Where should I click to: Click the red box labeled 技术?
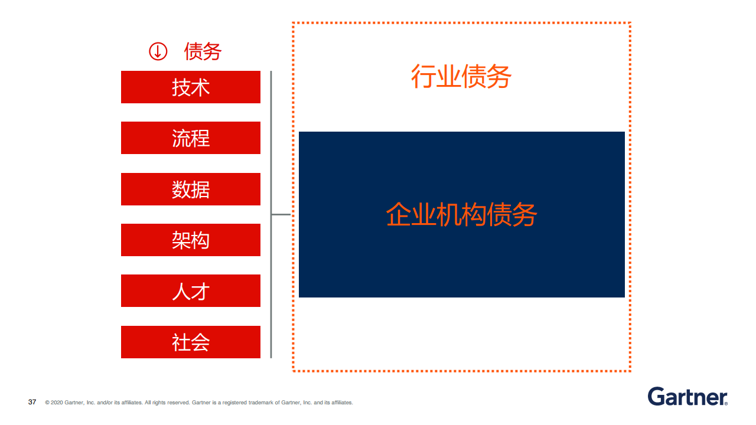pyautogui.click(x=191, y=87)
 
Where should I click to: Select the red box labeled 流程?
pyautogui.click(x=191, y=138)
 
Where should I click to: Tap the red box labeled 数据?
pyautogui.click(x=191, y=189)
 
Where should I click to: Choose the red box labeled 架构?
pyautogui.click(x=191, y=240)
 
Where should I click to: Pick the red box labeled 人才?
pyautogui.click(x=191, y=291)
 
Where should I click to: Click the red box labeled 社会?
pyautogui.click(x=191, y=342)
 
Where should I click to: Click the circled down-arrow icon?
pyautogui.click(x=158, y=51)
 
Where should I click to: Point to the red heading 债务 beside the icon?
pyautogui.click(x=203, y=51)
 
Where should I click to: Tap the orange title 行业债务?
pyautogui.click(x=461, y=77)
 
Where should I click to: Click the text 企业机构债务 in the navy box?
pyautogui.click(x=461, y=214)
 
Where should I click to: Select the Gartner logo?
pyautogui.click(x=687, y=396)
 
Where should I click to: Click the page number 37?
pyautogui.click(x=32, y=402)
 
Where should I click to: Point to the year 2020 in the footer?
pyautogui.click(x=57, y=403)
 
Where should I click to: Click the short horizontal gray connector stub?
pyautogui.click(x=281, y=214)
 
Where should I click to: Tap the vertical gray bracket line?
pyautogui.click(x=271, y=214)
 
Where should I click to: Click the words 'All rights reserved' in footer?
pyautogui.click(x=167, y=403)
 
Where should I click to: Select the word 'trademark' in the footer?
pyautogui.click(x=260, y=403)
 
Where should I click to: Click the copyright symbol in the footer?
pyautogui.click(x=47, y=403)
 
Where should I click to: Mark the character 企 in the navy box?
pyautogui.click(x=398, y=214)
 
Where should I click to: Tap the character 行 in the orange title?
pyautogui.click(x=423, y=77)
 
